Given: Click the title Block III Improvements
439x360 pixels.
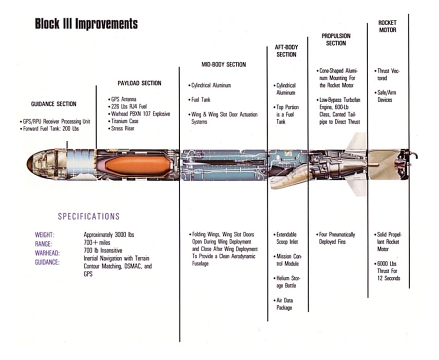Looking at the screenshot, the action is click(x=86, y=24).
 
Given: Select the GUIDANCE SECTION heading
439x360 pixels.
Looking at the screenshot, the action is click(x=54, y=104).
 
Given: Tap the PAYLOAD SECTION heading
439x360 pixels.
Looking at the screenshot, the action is click(x=140, y=83).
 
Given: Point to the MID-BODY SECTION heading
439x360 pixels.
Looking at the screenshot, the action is click(x=224, y=65).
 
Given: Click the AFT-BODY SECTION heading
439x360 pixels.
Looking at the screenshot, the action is click(x=287, y=51).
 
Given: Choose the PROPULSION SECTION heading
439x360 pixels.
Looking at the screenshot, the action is click(x=336, y=40).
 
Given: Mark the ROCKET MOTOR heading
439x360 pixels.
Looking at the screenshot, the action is click(x=388, y=26).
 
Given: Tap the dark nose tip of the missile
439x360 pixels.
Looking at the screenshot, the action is click(x=29, y=164).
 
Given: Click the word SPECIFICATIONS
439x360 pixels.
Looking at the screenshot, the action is click(x=89, y=216).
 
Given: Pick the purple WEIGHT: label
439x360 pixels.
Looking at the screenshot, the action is click(x=45, y=235).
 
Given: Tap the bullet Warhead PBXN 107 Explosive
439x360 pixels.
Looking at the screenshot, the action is click(x=139, y=114).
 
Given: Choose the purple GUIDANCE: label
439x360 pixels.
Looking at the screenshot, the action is click(x=47, y=262).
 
